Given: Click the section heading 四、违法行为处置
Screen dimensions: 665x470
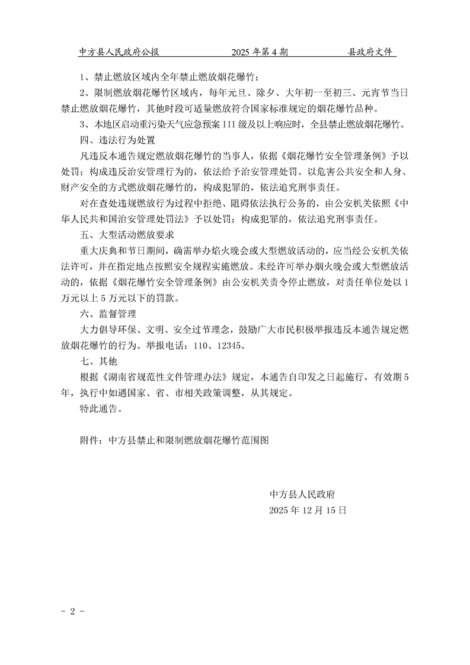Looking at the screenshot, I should (117, 141).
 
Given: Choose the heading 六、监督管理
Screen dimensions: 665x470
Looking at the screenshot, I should (108, 313).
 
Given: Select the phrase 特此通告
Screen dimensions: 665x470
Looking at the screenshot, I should (101, 408).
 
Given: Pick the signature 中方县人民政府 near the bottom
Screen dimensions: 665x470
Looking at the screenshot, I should (303, 494).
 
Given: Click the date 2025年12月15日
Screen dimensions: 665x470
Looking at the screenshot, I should (307, 510).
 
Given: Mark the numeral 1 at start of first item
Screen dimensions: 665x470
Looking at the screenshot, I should (81, 78).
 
